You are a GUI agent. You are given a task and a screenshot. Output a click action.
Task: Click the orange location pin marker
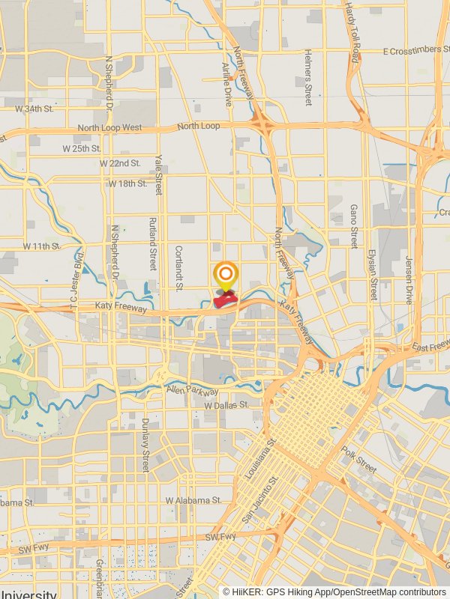pyautogui.click(x=226, y=275)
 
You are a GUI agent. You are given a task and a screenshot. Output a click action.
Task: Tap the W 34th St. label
pyautogui.click(x=34, y=109)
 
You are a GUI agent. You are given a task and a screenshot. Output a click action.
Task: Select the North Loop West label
pyautogui.click(x=109, y=128)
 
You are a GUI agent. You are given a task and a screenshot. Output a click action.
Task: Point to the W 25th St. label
pyautogui.click(x=82, y=148)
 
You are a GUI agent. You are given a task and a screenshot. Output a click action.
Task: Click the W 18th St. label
pyautogui.click(x=127, y=183)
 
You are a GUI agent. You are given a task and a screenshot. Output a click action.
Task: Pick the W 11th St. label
pyautogui.click(x=40, y=246)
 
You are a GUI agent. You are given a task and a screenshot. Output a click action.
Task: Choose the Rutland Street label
pyautogui.click(x=152, y=243)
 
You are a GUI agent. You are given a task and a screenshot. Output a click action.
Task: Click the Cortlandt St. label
pyautogui.click(x=179, y=267)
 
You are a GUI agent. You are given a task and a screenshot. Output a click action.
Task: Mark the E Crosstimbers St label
pyautogui.click(x=415, y=51)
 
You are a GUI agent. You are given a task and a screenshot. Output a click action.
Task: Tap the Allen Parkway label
pyautogui.click(x=193, y=392)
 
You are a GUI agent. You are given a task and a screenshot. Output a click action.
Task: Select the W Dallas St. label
pyautogui.click(x=226, y=405)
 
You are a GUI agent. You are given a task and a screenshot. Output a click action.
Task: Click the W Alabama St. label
pyautogui.click(x=193, y=499)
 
